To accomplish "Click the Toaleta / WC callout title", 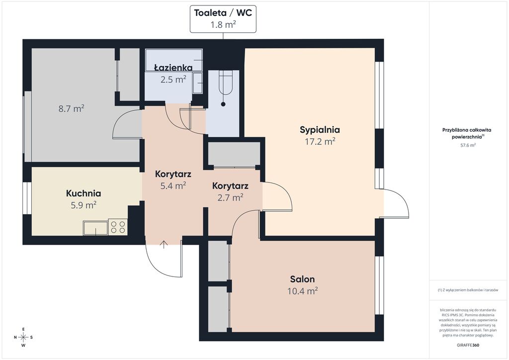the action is (x=223, y=12).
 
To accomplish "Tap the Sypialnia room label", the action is (x=320, y=130).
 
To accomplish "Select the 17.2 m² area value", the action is (x=320, y=142).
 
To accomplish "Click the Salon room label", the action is (x=302, y=279).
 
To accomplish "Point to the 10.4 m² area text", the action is (x=302, y=291).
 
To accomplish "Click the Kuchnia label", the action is (x=84, y=193).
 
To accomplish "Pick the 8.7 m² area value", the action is (x=72, y=108).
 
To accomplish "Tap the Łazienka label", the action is (x=173, y=68).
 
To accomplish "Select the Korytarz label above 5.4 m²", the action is (x=173, y=174).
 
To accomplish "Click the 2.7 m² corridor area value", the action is (x=230, y=197).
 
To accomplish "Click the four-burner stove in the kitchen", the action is (x=118, y=227).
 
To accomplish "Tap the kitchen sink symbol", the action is (x=95, y=228).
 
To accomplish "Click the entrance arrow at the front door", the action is (x=164, y=245).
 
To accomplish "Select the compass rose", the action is (x=23, y=337).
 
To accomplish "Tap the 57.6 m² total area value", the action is (x=468, y=145).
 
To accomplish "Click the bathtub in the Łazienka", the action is (x=174, y=60).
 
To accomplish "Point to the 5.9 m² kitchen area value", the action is (x=84, y=205).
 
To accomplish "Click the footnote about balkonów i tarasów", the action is (x=468, y=290).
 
